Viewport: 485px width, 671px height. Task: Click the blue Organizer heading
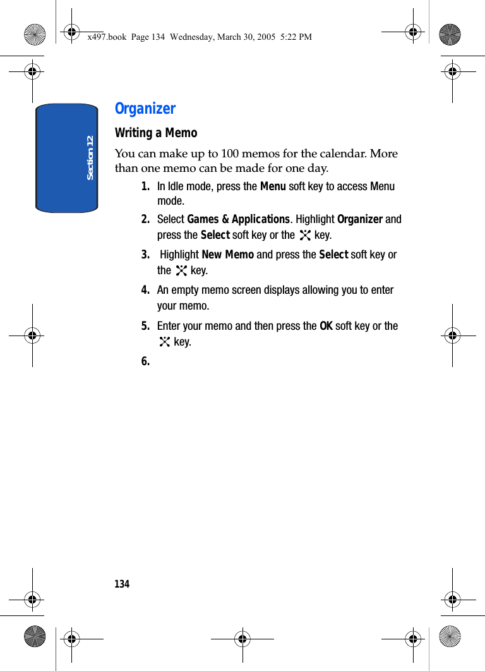145,109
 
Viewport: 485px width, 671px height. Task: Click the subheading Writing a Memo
156,133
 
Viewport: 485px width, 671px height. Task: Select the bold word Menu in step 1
273,186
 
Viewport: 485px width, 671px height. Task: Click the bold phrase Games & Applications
238,219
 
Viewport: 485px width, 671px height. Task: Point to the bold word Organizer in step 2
360,219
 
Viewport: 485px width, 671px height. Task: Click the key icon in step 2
306,236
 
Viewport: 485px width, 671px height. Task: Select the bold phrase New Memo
227,255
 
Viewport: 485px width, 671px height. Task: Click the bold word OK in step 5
326,326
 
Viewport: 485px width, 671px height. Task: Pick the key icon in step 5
165,342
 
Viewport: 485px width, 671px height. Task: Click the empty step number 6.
146,361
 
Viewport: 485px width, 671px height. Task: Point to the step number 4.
146,291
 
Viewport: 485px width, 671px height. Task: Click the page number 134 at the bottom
122,584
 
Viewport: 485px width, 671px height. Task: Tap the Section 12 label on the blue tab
90,157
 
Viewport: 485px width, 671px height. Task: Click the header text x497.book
107,37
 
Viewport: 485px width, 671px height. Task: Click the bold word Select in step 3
333,255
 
